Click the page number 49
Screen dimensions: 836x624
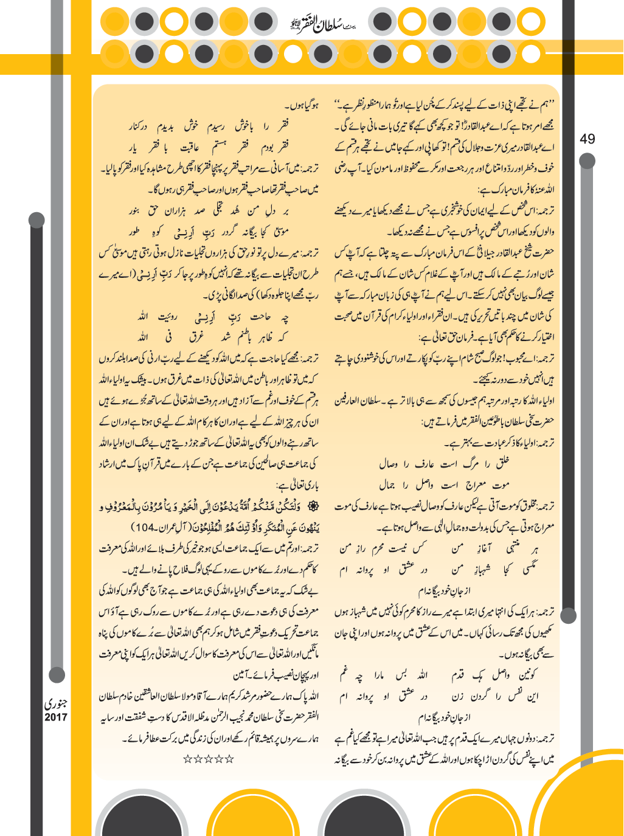(x=587, y=139)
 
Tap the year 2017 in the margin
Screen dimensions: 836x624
(x=56, y=717)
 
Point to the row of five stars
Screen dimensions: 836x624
(x=209, y=759)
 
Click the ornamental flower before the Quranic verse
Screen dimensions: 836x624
(x=314, y=506)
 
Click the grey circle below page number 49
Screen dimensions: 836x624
(x=587, y=161)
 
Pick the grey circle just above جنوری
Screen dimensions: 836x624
(x=57, y=675)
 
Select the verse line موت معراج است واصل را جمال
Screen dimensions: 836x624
(x=443, y=485)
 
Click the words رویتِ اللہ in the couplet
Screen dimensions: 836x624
(x=153, y=316)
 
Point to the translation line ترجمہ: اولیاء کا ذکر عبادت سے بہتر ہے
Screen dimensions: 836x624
(x=499, y=442)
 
